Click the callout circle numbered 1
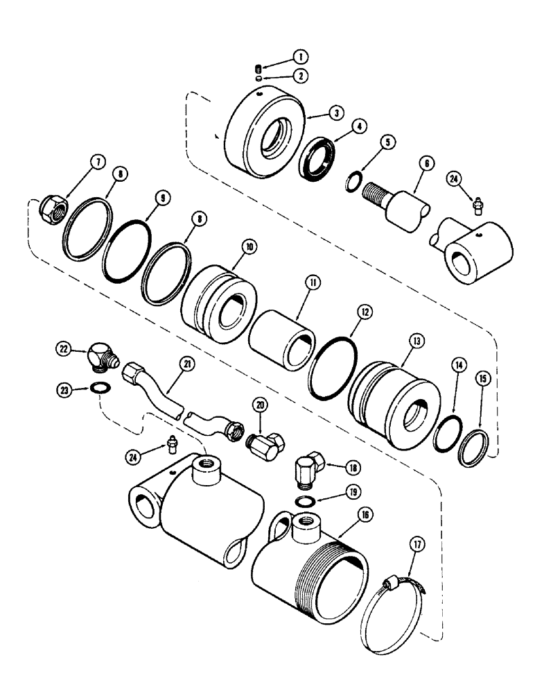point(281,56)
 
